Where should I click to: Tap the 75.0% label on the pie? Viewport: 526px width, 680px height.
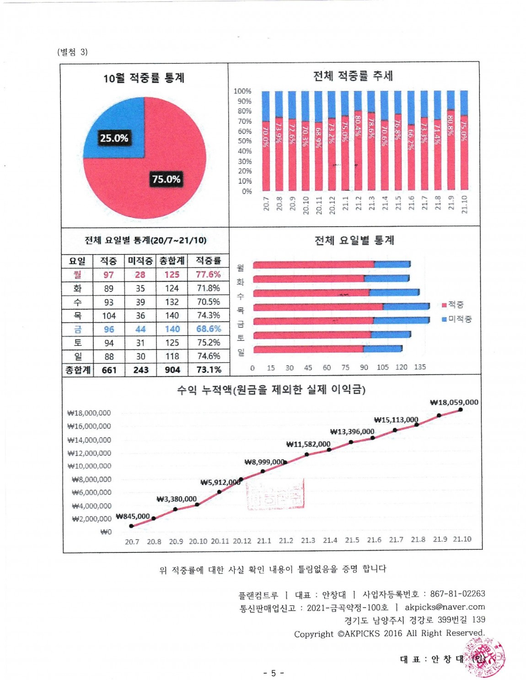tap(166, 179)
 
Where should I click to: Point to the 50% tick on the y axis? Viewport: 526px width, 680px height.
tap(244, 141)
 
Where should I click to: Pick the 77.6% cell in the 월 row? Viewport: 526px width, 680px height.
tap(208, 275)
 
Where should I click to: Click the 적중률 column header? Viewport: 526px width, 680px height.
tap(208, 260)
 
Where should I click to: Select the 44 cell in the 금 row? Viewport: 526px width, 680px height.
tap(140, 329)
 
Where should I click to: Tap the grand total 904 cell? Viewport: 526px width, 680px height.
tap(172, 370)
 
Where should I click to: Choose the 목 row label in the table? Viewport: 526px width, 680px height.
tap(78, 315)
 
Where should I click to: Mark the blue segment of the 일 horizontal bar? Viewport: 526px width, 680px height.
tap(383, 349)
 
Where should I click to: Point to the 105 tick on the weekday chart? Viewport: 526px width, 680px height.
tap(382, 367)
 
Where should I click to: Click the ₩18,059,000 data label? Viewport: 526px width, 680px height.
tap(454, 403)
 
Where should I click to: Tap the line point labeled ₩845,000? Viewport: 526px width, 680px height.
tap(132, 526)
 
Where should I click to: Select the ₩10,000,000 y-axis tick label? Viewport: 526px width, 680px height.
tap(89, 466)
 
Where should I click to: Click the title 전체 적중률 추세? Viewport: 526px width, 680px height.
tap(353, 76)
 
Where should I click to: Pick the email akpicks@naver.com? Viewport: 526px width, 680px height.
tap(445, 607)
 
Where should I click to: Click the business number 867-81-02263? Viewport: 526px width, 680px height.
tap(457, 594)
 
